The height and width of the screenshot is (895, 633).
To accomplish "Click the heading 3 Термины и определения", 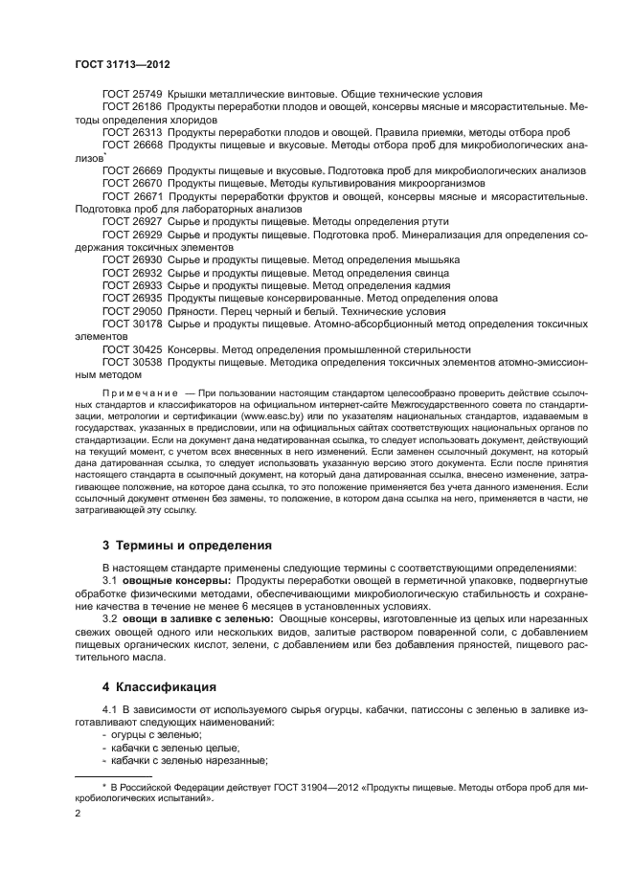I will click(x=187, y=545).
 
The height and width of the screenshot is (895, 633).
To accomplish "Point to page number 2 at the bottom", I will click(x=79, y=812).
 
